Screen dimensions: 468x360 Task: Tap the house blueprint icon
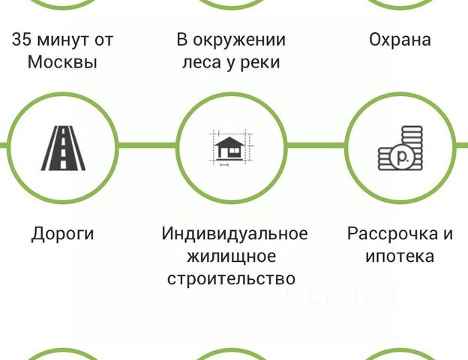[232, 145]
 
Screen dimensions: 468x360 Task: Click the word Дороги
[63, 233]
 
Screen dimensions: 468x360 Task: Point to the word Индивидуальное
[234, 233]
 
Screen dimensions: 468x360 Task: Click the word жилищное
[232, 256]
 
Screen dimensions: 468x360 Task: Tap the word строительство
[232, 279]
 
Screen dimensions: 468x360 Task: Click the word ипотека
[400, 256]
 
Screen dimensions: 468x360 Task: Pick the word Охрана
[400, 40]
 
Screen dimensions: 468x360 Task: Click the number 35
[22, 40]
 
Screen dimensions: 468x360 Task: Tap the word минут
[64, 40]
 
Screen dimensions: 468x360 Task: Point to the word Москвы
[63, 62]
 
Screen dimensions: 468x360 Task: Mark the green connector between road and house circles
[147, 145]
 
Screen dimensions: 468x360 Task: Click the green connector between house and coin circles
[316, 145]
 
